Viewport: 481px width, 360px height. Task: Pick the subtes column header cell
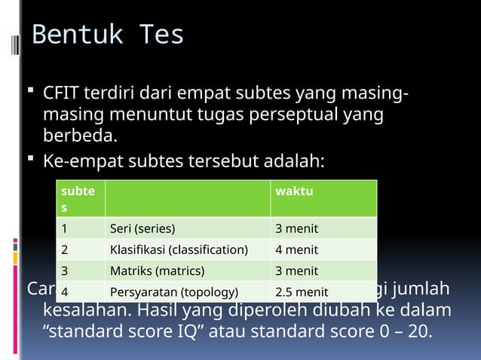pyautogui.click(x=78, y=198)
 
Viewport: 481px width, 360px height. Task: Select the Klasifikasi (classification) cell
pyautogui.click(x=179, y=249)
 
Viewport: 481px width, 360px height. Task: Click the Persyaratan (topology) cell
pyautogui.click(x=174, y=291)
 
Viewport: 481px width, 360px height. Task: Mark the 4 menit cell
pyautogui.click(x=296, y=249)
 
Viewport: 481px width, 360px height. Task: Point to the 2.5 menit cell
pyautogui.click(x=302, y=291)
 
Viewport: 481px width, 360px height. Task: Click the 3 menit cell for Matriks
pyautogui.click(x=296, y=270)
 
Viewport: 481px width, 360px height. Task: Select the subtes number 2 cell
pyautogui.click(x=65, y=249)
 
